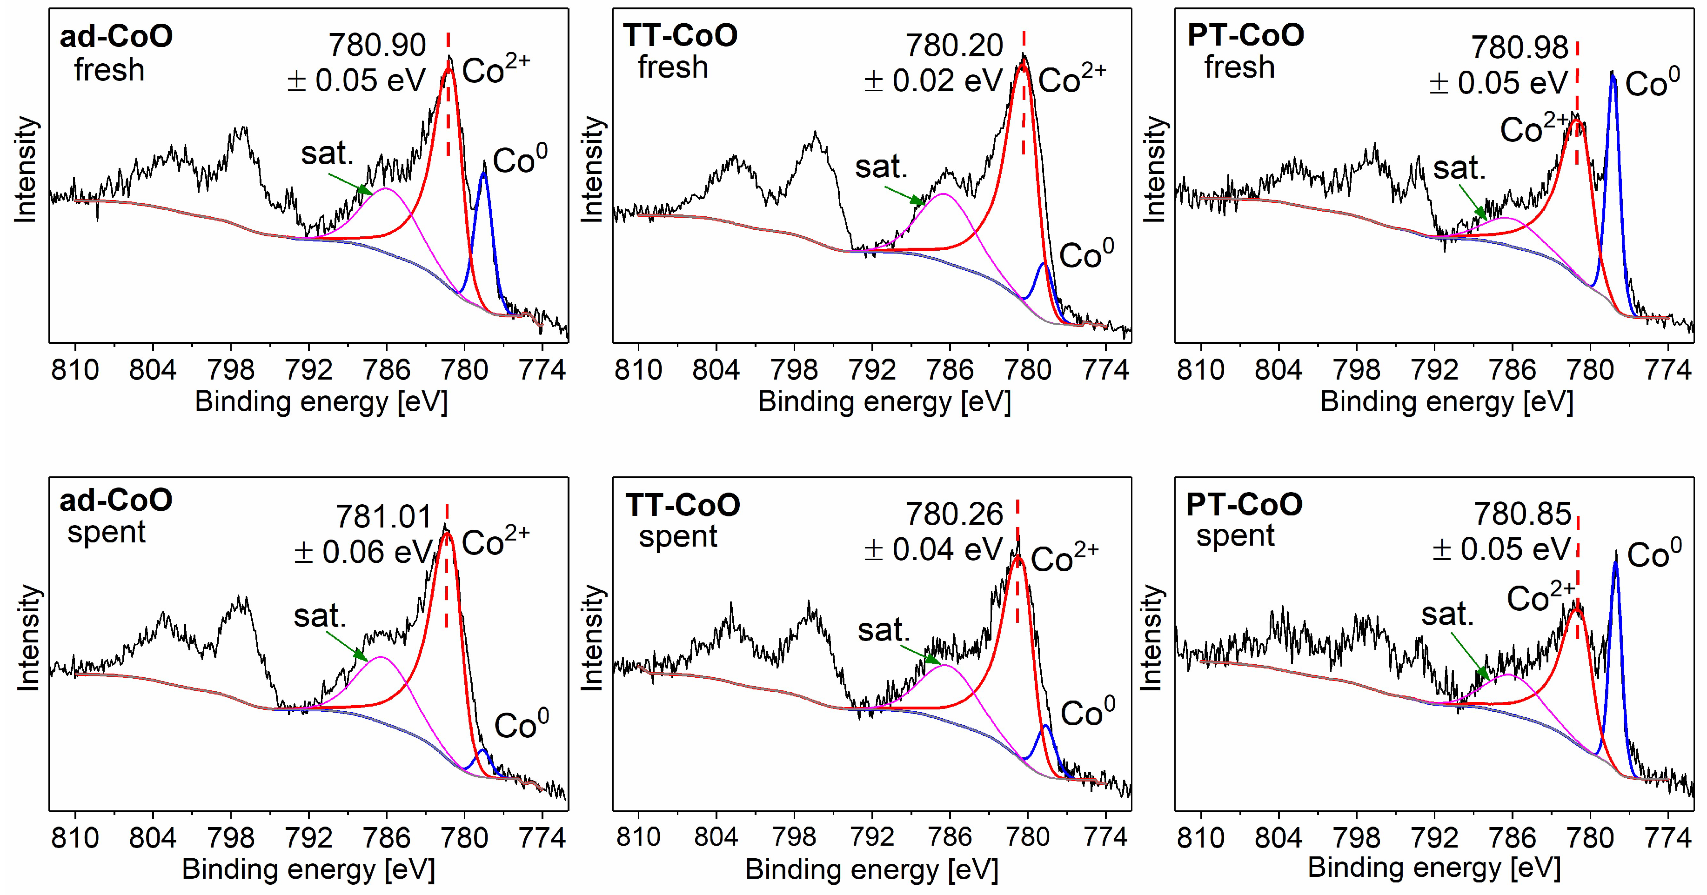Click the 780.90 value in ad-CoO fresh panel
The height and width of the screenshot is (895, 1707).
[377, 46]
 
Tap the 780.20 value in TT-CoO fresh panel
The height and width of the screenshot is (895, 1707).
[954, 46]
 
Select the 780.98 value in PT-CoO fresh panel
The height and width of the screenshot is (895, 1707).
[1520, 48]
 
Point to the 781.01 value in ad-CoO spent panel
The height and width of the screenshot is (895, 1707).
[384, 517]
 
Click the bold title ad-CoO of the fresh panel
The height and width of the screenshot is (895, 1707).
[116, 36]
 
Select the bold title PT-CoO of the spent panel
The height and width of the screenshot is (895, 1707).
[1244, 505]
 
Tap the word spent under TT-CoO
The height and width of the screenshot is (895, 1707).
[678, 536]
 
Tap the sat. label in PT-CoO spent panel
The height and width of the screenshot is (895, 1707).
[1447, 615]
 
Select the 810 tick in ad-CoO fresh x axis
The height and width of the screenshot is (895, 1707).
[75, 370]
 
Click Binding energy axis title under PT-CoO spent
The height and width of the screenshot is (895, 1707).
[1434, 867]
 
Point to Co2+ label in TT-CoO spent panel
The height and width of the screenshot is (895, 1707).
[1064, 559]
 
